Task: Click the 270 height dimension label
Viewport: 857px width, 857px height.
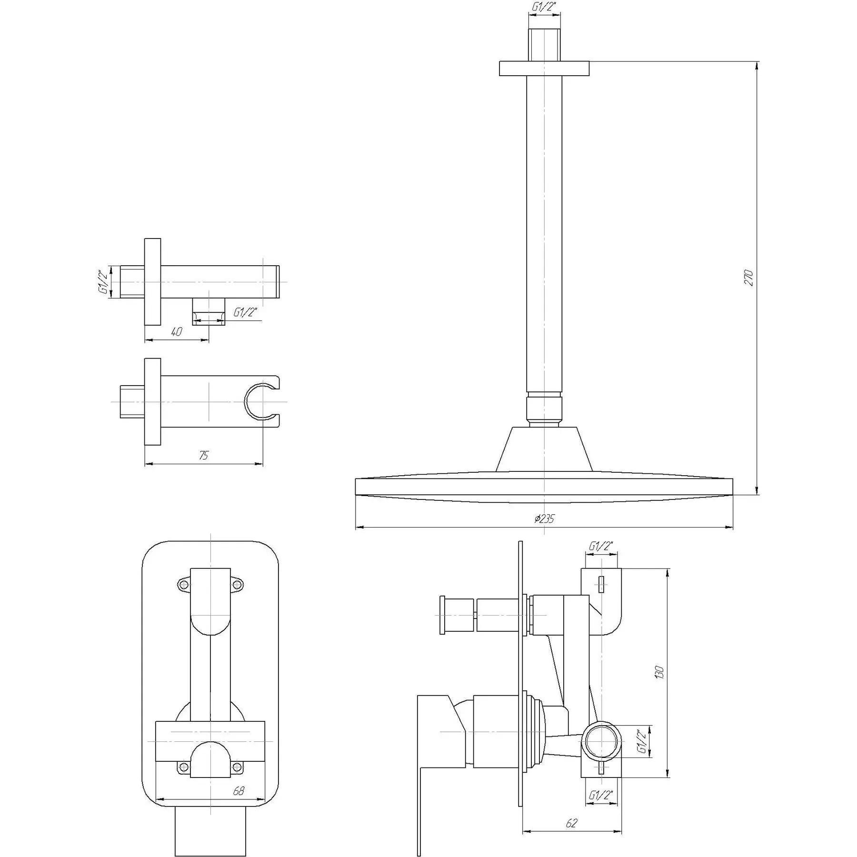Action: (x=748, y=278)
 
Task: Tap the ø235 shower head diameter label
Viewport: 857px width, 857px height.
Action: (x=544, y=518)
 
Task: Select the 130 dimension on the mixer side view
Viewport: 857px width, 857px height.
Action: (x=659, y=672)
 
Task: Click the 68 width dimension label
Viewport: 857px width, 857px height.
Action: (x=239, y=790)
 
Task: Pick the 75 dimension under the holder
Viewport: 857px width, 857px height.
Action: (x=203, y=455)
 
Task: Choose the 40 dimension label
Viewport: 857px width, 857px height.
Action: (x=176, y=331)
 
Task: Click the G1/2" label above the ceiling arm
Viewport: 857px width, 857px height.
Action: (x=544, y=7)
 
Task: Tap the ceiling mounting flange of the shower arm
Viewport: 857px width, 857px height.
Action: (x=544, y=68)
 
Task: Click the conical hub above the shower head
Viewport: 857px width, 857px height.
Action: (x=544, y=449)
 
